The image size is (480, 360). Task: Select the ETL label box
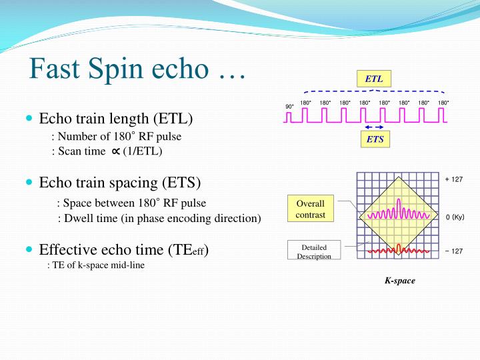coord(374,79)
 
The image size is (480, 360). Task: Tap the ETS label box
coord(375,139)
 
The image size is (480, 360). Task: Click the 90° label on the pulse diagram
coord(289,107)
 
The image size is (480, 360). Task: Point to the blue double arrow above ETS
coord(375,127)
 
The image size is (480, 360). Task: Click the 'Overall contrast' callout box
coord(310,208)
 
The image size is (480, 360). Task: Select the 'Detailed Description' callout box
coord(313,251)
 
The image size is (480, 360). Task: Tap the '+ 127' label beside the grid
coord(453,179)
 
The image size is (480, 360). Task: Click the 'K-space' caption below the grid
coord(399,281)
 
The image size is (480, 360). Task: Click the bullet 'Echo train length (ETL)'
coord(115,119)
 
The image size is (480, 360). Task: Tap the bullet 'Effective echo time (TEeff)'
coord(124,250)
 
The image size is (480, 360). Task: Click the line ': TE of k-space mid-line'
coord(96,265)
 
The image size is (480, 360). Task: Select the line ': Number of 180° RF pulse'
coord(117,137)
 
